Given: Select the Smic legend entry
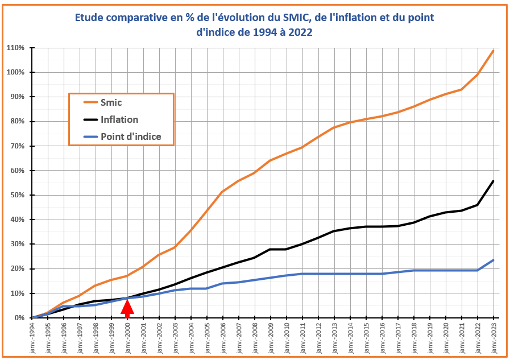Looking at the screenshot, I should click(111, 103).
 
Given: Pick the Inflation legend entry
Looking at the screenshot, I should click(119, 119).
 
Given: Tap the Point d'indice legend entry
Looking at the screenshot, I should click(130, 136).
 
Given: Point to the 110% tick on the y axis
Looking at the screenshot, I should click(15, 48).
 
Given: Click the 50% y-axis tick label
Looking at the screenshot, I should click(16, 195).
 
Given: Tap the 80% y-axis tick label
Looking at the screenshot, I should click(16, 121).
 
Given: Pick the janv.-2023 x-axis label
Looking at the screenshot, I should click(493, 339).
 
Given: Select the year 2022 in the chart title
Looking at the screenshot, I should click(301, 32).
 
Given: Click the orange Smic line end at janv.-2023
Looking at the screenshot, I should click(493, 51).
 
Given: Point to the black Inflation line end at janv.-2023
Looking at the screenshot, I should click(493, 181).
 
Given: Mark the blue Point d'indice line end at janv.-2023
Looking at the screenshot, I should click(493, 260).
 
